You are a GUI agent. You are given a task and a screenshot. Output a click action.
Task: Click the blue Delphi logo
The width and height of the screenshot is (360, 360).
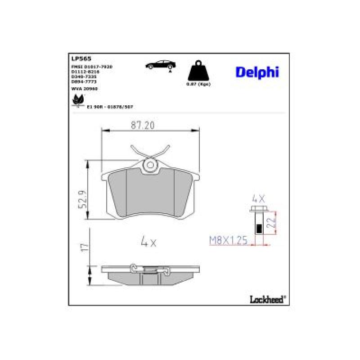[257, 72]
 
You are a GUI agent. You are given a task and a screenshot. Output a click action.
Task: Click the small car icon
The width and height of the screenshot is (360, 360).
[158, 65]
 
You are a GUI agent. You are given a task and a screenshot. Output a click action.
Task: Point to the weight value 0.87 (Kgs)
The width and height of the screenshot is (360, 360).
[198, 84]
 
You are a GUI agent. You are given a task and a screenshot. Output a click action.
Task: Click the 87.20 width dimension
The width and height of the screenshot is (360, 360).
[143, 126]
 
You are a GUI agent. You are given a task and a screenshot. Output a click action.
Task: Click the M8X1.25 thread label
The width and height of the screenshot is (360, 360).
[229, 241]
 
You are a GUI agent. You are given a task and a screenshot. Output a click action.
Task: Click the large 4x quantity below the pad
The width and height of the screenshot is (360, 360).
[148, 242]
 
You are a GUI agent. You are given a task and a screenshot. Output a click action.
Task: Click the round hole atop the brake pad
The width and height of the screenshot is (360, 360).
[148, 167]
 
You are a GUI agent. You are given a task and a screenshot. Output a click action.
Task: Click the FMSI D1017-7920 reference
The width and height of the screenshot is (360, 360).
[91, 66]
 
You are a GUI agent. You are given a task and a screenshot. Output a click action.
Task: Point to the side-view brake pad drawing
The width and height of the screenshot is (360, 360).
[149, 274]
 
